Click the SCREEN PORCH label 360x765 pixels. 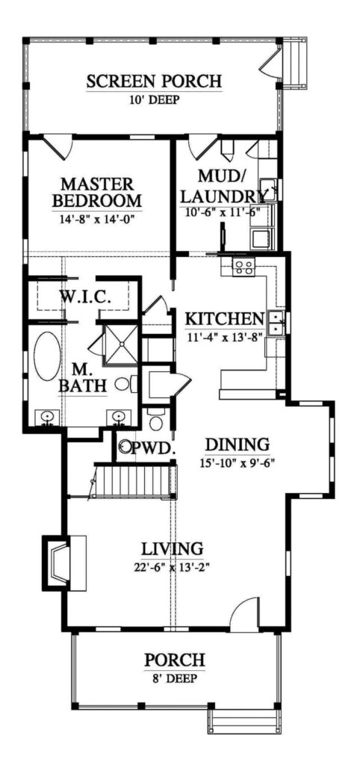[x=155, y=81]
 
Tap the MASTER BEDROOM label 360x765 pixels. [x=97, y=192]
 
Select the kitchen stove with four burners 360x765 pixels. [x=243, y=266]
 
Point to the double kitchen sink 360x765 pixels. [x=277, y=323]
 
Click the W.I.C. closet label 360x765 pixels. [x=86, y=297]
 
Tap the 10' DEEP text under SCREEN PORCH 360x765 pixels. [x=155, y=99]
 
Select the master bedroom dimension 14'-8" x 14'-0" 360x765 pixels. [x=97, y=220]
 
